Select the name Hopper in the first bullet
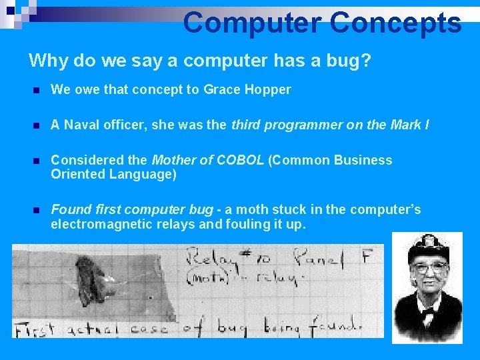[x=271, y=89]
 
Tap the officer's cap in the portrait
[x=427, y=247]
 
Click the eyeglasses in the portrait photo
[x=429, y=268]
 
